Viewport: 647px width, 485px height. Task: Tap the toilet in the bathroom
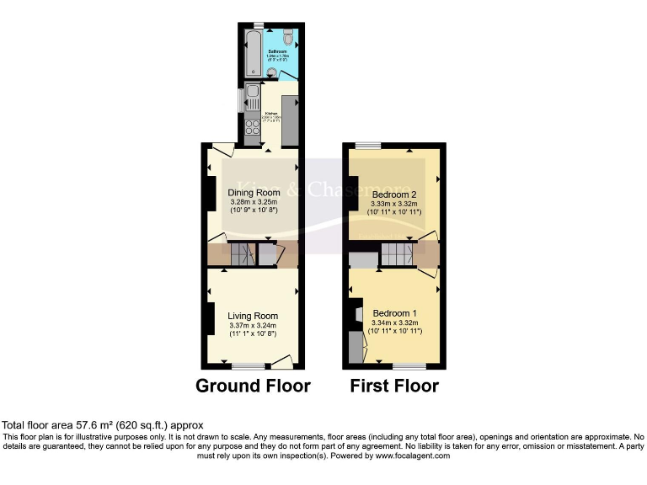(x=289, y=38)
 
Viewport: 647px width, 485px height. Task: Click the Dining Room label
(x=254, y=192)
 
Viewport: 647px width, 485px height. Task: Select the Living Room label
(x=253, y=317)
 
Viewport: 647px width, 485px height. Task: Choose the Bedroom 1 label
(x=395, y=312)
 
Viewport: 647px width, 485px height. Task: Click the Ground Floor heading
(x=253, y=386)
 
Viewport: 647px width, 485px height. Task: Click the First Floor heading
(x=395, y=386)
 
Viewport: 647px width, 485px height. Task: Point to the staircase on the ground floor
(x=243, y=253)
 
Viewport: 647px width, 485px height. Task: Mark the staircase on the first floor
(x=396, y=253)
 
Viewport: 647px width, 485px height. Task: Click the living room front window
(x=247, y=366)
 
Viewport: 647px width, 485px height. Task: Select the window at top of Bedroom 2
(x=367, y=145)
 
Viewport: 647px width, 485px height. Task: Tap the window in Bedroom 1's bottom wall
(x=409, y=366)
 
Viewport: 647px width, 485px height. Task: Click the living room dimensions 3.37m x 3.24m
(x=253, y=327)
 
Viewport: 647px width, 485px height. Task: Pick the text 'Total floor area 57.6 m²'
(x=60, y=426)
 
